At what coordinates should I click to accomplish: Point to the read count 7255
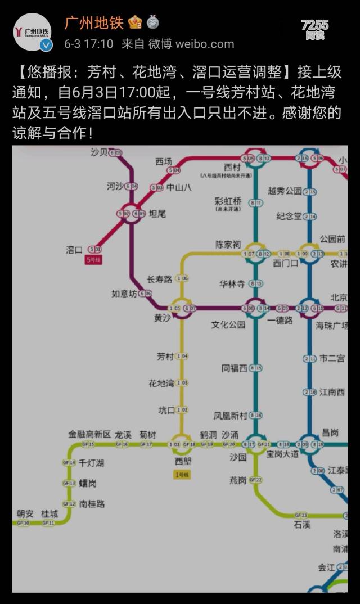[314, 25]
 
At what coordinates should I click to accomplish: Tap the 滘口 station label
[74, 250]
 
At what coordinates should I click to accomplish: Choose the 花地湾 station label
[161, 384]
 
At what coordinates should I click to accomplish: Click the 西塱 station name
[183, 461]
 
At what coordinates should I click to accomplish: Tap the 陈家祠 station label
[228, 245]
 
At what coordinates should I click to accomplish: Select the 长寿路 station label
[159, 279]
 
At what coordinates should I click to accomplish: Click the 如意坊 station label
[124, 294]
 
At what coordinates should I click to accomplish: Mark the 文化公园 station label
[228, 324]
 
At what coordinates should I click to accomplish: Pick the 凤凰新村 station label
[230, 416]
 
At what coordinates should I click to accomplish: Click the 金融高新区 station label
[89, 435]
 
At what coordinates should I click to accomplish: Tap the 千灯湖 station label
[91, 463]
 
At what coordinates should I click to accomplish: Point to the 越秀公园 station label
[285, 191]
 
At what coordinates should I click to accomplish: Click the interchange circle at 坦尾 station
[132, 214]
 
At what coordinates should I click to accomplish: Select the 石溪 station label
[301, 525]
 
